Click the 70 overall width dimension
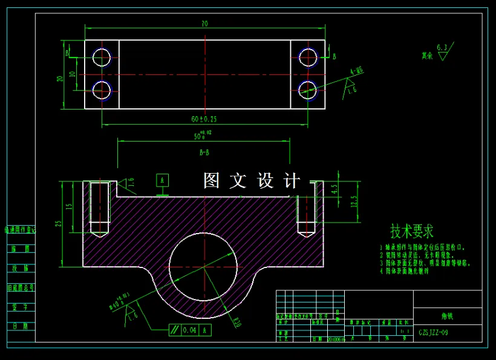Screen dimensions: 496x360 pyautogui.click(x=204, y=24)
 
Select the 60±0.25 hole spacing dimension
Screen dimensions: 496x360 pyautogui.click(x=204, y=119)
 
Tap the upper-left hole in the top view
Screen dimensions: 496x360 pyautogui.click(x=102, y=57)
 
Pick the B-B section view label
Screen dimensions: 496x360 pyautogui.click(x=204, y=154)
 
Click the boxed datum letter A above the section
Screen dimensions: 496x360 pyautogui.click(x=162, y=180)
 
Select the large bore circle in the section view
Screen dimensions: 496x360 pyautogui.click(x=203, y=266)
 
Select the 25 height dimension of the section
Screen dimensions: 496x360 pyautogui.click(x=59, y=223)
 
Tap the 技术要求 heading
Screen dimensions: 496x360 pyautogui.click(x=412, y=231)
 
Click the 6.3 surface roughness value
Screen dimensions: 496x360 pyautogui.click(x=442, y=47)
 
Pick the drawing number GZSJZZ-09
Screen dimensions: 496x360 pyautogui.click(x=434, y=333)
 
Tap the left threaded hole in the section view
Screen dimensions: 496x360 pyautogui.click(x=99, y=208)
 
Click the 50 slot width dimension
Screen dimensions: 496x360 pyautogui.click(x=202, y=137)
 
